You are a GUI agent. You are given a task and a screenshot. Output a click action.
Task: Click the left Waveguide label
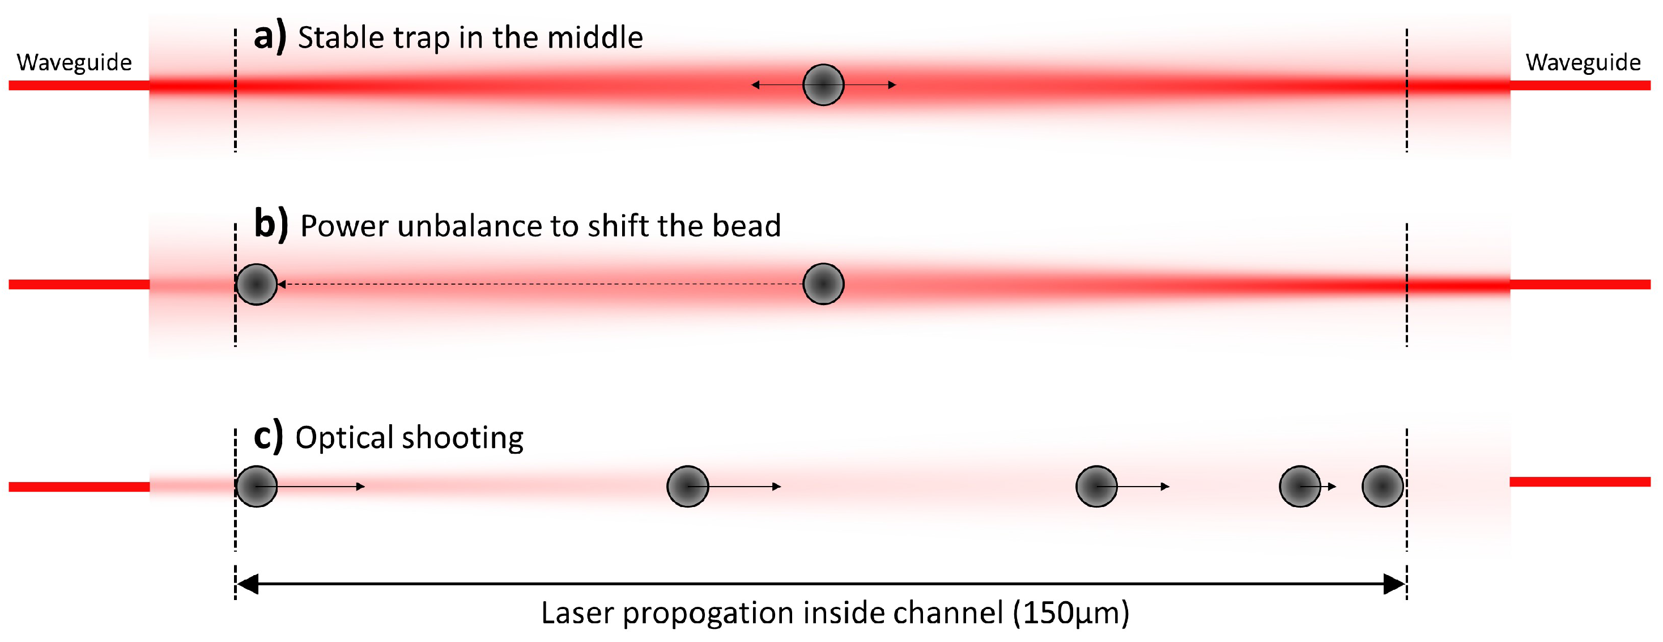coord(74,62)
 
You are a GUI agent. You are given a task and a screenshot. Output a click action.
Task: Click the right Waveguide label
coord(1583,62)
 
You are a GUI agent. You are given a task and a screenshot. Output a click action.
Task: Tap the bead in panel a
coord(823,85)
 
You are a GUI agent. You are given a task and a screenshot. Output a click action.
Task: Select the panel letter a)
coord(269,37)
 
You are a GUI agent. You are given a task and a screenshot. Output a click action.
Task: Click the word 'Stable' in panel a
coord(341,37)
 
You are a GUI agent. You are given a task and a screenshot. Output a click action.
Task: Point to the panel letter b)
coord(270,225)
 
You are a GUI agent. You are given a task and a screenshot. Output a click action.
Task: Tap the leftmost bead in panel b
coord(256,284)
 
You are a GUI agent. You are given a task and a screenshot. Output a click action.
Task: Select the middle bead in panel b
coord(823,284)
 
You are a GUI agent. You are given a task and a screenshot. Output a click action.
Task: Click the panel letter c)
coord(268,436)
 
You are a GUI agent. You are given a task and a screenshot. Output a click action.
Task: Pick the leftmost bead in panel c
coord(256,487)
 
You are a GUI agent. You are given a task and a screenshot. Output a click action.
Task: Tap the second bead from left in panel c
coord(687,487)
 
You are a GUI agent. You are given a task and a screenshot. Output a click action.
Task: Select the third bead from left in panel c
coord(1096,487)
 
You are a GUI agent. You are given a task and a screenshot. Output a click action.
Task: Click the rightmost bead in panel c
coord(1382,487)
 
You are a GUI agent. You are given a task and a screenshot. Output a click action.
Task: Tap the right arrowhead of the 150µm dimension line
coord(1393,584)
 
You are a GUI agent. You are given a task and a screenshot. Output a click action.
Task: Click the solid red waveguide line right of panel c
coord(1579,482)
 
